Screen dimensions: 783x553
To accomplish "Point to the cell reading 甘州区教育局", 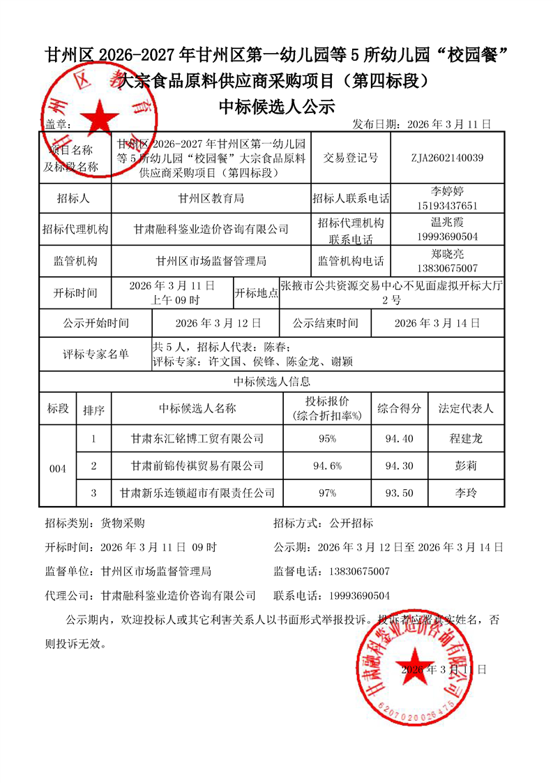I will pyautogui.click(x=211, y=198).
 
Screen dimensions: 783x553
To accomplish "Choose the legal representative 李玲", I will pyautogui.click(x=465, y=493).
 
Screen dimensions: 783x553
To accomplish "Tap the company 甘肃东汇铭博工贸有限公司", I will pyautogui.click(x=197, y=439).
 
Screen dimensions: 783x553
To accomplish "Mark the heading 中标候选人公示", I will pyautogui.click(x=277, y=107).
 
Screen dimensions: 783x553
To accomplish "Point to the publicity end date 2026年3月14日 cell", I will pyautogui.click(x=437, y=324).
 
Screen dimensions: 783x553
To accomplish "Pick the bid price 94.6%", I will pyautogui.click(x=327, y=465).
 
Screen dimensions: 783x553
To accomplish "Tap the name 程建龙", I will pyautogui.click(x=465, y=439).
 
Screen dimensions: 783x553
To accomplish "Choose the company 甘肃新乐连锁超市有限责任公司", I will pyautogui.click(x=197, y=493).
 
